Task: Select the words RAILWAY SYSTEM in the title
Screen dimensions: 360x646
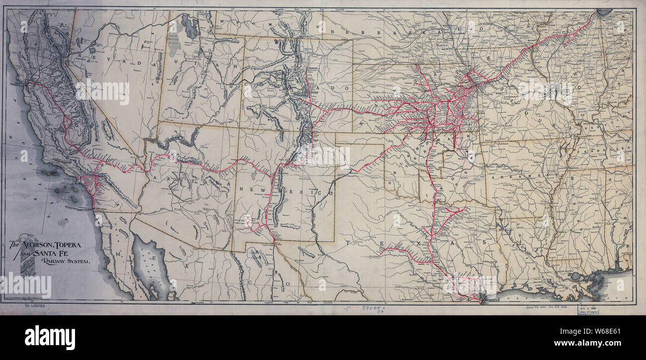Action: [66, 261]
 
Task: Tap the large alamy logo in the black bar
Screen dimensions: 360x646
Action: [50, 338]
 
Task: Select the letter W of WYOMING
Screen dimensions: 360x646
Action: [223, 22]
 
